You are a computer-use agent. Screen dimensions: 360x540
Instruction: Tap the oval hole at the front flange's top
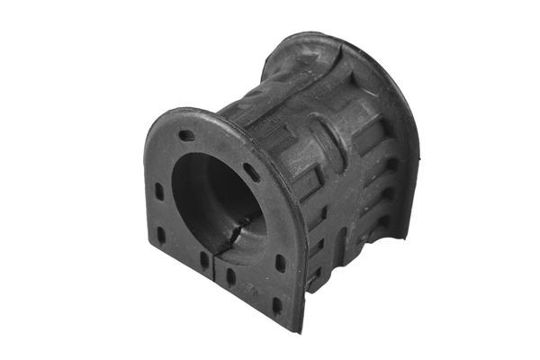(187, 136)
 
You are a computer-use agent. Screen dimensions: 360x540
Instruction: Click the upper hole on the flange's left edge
(159, 192)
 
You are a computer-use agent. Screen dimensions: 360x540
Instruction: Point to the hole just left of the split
(204, 261)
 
